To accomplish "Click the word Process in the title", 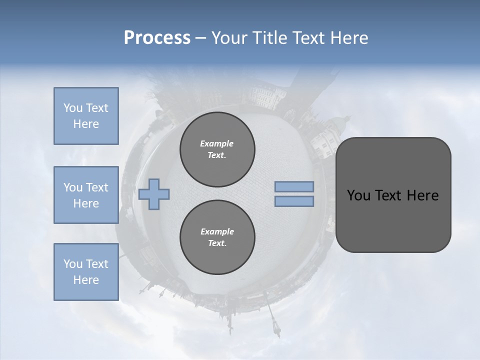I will point(157,38).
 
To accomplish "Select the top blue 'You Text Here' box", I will point(86,116).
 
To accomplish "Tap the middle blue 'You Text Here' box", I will point(86,195).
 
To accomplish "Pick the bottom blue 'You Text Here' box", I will point(86,272).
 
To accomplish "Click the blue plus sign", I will point(154,194).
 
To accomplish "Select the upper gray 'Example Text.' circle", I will point(217,149).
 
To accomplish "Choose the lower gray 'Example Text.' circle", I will point(217,237).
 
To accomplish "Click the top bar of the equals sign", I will point(294,186).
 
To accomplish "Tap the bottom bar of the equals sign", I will point(294,201).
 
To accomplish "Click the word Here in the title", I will point(350,38).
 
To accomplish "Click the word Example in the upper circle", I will point(217,143).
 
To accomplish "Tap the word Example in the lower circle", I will point(217,231).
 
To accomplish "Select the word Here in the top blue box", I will point(86,124).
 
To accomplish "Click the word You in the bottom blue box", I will point(72,264).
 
